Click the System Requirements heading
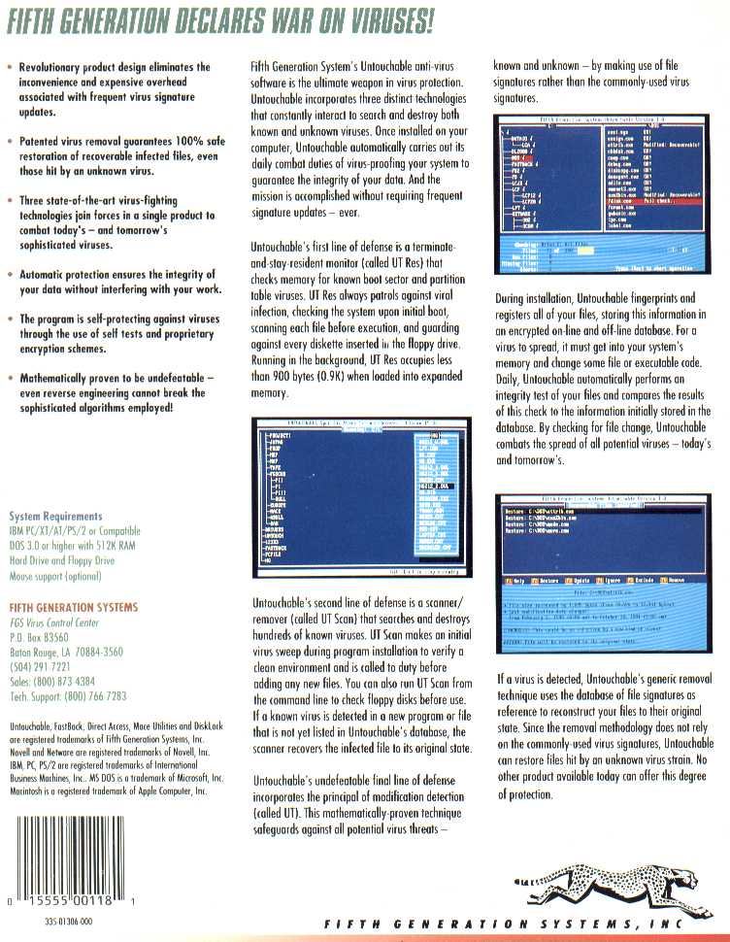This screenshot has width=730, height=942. [55, 517]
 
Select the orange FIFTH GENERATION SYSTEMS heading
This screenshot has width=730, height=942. [73, 607]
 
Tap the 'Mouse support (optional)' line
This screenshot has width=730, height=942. [54, 576]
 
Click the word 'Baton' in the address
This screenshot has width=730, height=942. [21, 653]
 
